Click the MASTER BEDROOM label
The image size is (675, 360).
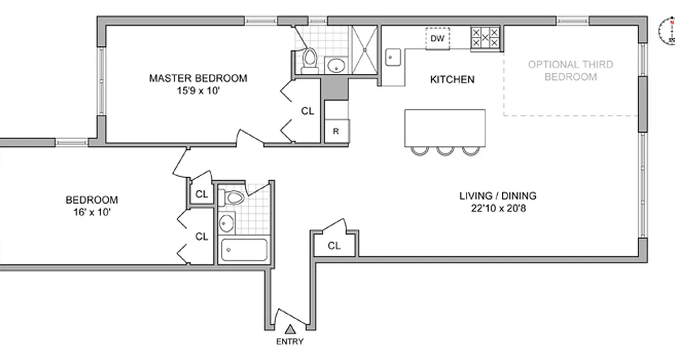point(198,78)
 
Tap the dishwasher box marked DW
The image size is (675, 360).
point(437,39)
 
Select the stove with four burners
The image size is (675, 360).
point(485,38)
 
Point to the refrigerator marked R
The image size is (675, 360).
point(336,132)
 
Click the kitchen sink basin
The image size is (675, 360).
point(392,57)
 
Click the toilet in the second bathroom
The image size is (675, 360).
point(233,197)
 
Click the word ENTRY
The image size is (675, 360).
point(290,342)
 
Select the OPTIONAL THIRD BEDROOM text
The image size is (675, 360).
point(570,71)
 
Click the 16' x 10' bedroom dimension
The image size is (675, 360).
point(92,212)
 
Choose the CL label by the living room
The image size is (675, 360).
point(334,246)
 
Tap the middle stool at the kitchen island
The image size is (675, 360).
point(445,150)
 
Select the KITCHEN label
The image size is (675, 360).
point(452,80)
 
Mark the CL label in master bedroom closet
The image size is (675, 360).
point(307,111)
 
